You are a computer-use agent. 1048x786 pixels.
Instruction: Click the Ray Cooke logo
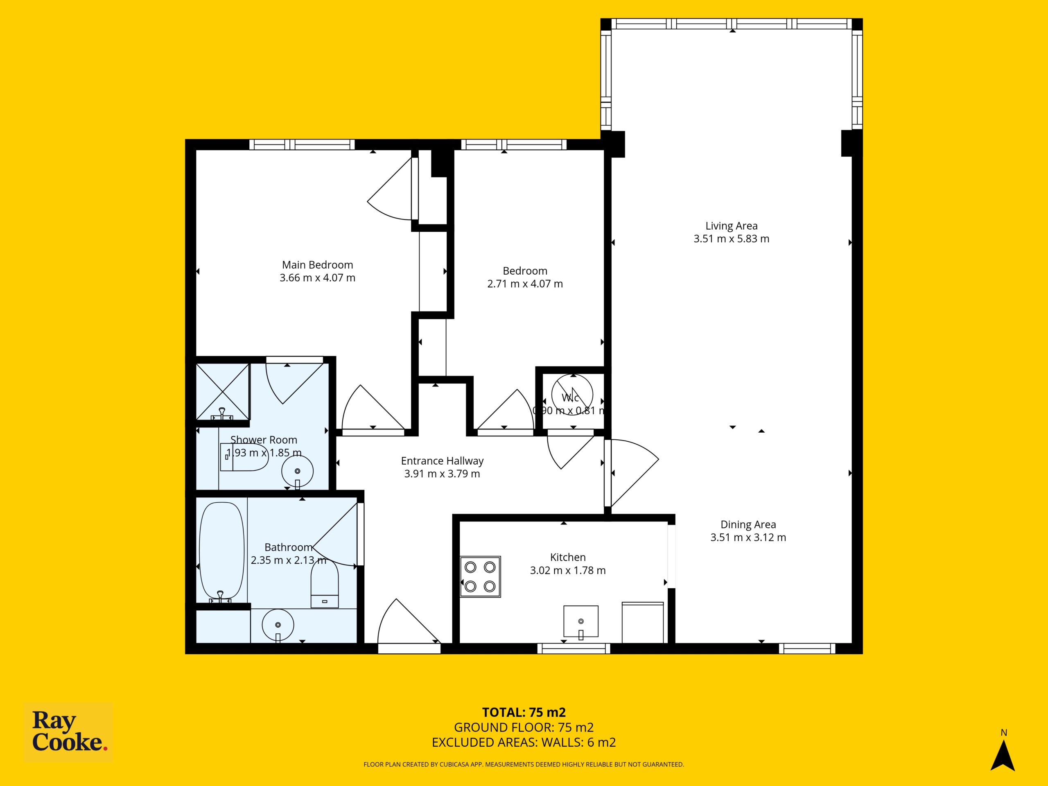pyautogui.click(x=68, y=732)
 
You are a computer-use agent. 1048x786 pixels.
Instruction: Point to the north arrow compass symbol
pyautogui.click(x=1003, y=757)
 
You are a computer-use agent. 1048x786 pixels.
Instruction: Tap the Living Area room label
pyautogui.click(x=732, y=226)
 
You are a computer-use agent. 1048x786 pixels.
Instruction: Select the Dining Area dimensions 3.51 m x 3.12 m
pyautogui.click(x=748, y=537)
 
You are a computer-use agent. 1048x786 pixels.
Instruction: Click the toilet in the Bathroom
pyautogui.click(x=325, y=585)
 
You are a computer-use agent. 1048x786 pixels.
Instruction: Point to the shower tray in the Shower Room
pyautogui.click(x=223, y=391)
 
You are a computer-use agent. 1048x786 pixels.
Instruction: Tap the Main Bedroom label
pyautogui.click(x=317, y=265)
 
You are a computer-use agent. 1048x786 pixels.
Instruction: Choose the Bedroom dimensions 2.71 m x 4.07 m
pyautogui.click(x=525, y=284)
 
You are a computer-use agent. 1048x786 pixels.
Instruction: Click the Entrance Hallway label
pyautogui.click(x=442, y=461)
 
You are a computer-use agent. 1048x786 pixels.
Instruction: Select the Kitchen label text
pyautogui.click(x=567, y=557)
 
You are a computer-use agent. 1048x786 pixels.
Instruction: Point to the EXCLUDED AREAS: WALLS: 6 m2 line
pyautogui.click(x=524, y=743)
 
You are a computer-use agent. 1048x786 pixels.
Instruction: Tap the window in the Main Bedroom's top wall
pyautogui.click(x=302, y=145)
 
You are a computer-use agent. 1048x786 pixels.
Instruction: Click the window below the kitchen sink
pyautogui.click(x=574, y=648)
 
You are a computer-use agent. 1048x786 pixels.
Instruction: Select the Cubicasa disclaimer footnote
pyautogui.click(x=524, y=764)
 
